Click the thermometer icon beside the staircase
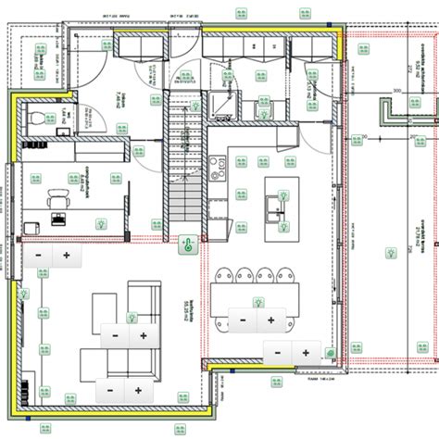coord(185,245)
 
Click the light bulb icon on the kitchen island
coord(282,196)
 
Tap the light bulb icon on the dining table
coord(259,301)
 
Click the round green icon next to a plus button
coord(331,353)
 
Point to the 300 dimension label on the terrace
coord(395,91)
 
